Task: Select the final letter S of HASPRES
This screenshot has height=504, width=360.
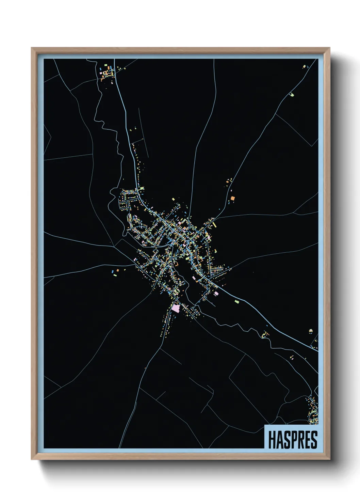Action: [314, 440]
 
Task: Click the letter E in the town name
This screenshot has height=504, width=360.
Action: [307, 440]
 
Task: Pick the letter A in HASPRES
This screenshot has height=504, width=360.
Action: [279, 440]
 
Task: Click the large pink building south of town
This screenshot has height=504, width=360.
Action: [176, 308]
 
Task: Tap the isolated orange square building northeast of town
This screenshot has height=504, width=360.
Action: [233, 198]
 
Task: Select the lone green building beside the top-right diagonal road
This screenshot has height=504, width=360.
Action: [291, 94]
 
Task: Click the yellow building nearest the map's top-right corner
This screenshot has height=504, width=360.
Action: [304, 67]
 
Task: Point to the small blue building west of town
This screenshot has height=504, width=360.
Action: [112, 271]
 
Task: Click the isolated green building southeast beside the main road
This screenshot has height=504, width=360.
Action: [236, 301]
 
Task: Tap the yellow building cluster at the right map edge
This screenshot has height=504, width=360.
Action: [311, 331]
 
